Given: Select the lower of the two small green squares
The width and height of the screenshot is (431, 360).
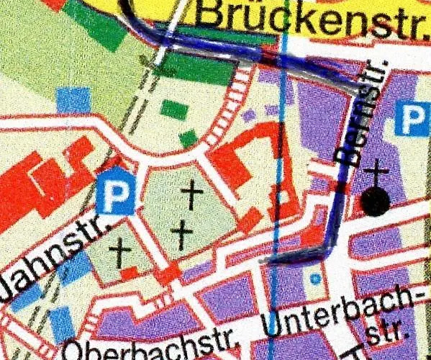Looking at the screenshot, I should pos(189,138).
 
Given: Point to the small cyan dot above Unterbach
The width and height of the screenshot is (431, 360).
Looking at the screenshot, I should pos(314,278).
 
